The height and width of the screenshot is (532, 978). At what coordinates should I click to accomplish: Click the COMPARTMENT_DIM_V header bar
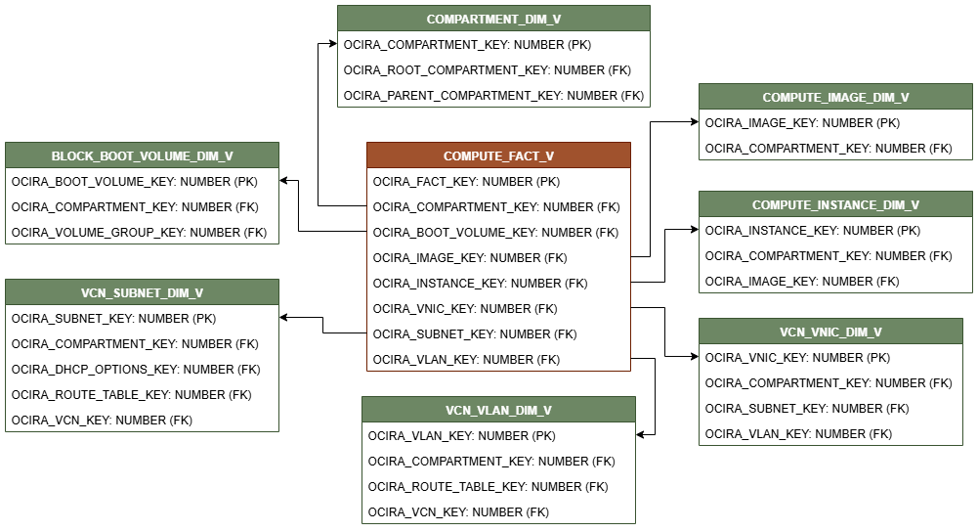[493, 19]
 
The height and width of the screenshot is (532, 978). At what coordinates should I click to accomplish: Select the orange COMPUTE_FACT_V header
[498, 155]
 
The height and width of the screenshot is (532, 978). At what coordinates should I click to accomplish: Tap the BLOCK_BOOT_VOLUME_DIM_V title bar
[142, 155]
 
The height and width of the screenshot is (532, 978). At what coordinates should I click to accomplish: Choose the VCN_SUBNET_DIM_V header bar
[142, 292]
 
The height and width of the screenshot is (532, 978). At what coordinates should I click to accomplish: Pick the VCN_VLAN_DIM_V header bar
[498, 410]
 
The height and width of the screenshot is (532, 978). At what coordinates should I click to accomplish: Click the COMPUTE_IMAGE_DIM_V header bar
[835, 97]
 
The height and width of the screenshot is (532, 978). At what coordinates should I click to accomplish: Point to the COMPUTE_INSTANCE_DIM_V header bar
[835, 204]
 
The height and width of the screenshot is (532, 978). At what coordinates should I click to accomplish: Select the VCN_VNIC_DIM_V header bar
[830, 332]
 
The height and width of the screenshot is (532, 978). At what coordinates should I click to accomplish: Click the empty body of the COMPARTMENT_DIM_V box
[493, 68]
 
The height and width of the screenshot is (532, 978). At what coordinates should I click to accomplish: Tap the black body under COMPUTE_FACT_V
[498, 269]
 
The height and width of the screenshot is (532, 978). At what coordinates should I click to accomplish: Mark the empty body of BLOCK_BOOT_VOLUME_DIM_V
[142, 205]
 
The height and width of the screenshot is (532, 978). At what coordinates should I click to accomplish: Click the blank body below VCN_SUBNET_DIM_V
[142, 368]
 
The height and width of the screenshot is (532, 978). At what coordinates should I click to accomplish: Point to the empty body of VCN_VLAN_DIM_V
[498, 472]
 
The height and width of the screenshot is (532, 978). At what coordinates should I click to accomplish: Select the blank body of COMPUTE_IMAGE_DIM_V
[835, 134]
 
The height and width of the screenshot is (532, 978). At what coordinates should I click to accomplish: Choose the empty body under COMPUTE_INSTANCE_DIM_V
[835, 254]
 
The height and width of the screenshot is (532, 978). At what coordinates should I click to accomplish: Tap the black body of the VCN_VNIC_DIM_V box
[830, 394]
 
